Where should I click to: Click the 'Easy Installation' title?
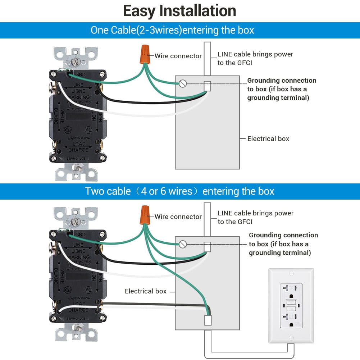[x=179, y=11]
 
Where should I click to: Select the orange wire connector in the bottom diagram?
[x=145, y=214]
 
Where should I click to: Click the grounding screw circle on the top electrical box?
[x=183, y=84]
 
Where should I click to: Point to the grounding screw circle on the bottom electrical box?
[x=183, y=244]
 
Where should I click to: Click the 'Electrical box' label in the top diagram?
[x=268, y=139]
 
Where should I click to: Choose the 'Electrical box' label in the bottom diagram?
[x=146, y=291]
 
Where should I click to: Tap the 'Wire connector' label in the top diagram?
[x=178, y=56]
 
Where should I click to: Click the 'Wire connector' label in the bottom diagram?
[x=178, y=217]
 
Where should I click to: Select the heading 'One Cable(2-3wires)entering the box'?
[x=172, y=30]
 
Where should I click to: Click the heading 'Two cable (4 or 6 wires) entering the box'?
[x=179, y=191]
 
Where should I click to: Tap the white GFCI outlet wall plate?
[x=291, y=305]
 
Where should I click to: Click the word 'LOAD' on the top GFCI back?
[x=79, y=144]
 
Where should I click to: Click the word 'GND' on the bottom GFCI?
[x=80, y=234]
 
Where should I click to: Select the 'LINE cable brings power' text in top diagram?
[x=255, y=54]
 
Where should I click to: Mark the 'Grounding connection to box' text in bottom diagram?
[x=283, y=244]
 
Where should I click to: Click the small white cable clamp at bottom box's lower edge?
[x=208, y=320]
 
